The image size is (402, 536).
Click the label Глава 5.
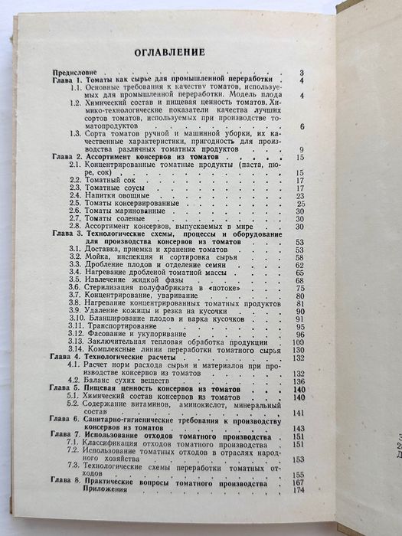pyautogui.click(x=68, y=389)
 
